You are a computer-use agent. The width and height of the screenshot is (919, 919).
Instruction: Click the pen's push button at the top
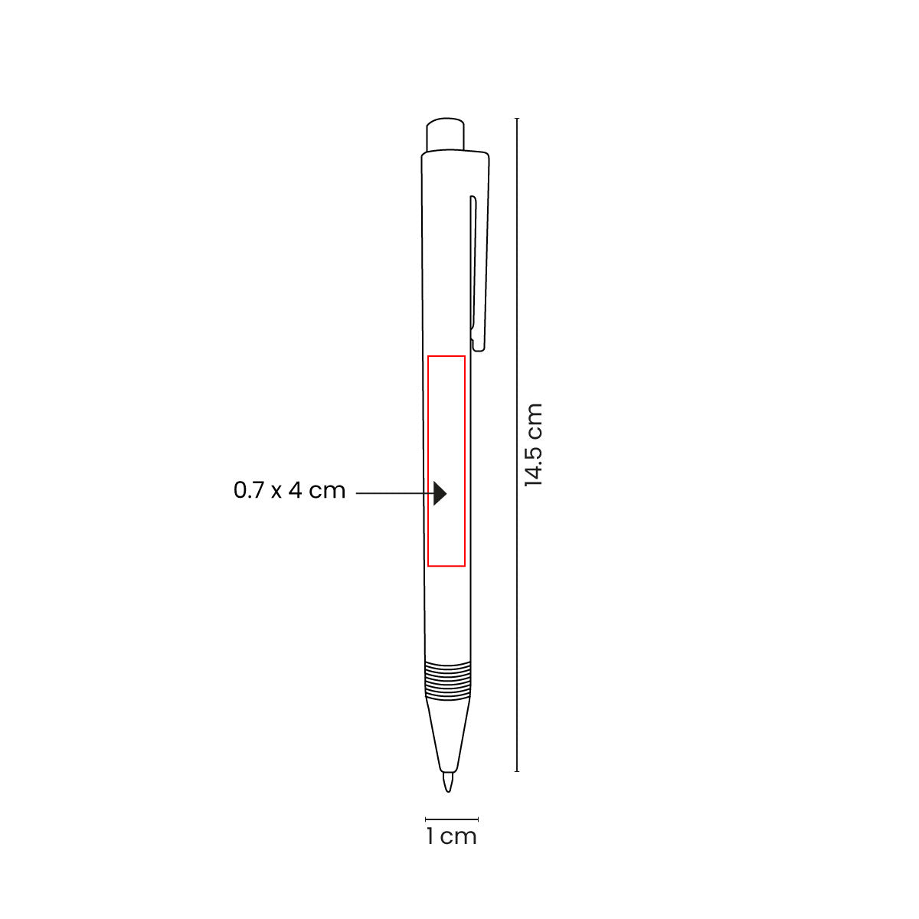pyautogui.click(x=444, y=134)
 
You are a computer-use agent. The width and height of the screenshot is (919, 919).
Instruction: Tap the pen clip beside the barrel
pyautogui.click(x=477, y=268)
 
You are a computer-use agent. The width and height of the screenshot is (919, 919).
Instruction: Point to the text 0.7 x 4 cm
pyautogui.click(x=289, y=490)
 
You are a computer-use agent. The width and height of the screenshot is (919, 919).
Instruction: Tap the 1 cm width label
pyautogui.click(x=452, y=836)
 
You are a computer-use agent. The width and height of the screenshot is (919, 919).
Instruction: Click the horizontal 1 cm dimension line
pyautogui.click(x=452, y=819)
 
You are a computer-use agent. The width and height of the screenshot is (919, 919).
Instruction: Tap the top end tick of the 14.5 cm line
pyautogui.click(x=518, y=119)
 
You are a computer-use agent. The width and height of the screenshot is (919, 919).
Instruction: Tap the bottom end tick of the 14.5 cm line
pyautogui.click(x=518, y=770)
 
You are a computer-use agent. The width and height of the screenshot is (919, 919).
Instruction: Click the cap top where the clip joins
pyautogui.click(x=455, y=156)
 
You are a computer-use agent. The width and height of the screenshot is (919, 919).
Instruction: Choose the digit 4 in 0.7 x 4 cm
pyautogui.click(x=296, y=490)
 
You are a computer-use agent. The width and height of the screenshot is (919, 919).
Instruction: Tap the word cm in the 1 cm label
pyautogui.click(x=459, y=836)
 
